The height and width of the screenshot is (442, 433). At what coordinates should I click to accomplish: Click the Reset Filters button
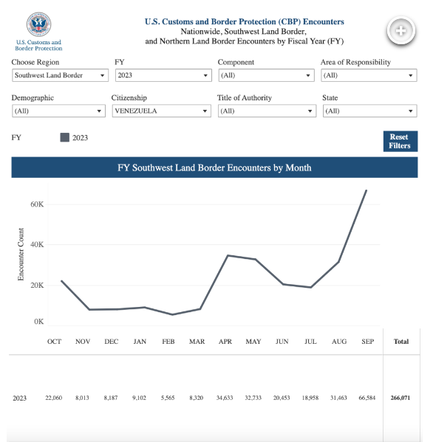[x=400, y=141]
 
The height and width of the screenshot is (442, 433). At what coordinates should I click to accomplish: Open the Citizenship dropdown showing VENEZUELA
[x=162, y=111]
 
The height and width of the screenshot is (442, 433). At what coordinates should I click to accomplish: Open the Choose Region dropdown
[x=60, y=75]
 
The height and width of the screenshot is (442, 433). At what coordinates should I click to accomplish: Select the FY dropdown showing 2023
[x=163, y=75]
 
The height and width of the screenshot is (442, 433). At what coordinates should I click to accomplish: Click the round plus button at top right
[x=400, y=30]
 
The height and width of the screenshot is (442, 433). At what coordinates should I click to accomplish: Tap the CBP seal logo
[x=38, y=24]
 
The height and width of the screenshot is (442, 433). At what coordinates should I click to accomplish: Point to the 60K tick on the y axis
[x=37, y=204]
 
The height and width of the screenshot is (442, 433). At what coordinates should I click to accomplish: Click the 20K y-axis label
[x=37, y=286]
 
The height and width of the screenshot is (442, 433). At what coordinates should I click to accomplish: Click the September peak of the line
[x=366, y=190]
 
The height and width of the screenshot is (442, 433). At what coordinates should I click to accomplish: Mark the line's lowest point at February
[x=172, y=314]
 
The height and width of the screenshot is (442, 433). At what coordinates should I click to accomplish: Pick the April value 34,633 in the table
[x=225, y=398]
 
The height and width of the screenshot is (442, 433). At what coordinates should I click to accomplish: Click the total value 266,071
[x=400, y=398]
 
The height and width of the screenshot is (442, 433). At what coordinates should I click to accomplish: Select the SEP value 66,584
[x=367, y=398]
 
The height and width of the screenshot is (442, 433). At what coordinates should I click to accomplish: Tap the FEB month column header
[x=168, y=342]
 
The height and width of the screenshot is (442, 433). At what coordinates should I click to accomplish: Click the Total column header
[x=401, y=342]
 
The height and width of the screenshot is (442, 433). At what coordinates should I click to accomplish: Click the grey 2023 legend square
[x=64, y=137]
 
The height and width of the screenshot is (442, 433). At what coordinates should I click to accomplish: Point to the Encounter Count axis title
[x=21, y=255]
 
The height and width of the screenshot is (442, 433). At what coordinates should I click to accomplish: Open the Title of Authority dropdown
[x=267, y=111]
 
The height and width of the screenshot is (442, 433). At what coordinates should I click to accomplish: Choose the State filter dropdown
[x=369, y=111]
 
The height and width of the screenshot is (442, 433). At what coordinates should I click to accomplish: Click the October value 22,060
[x=54, y=398]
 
